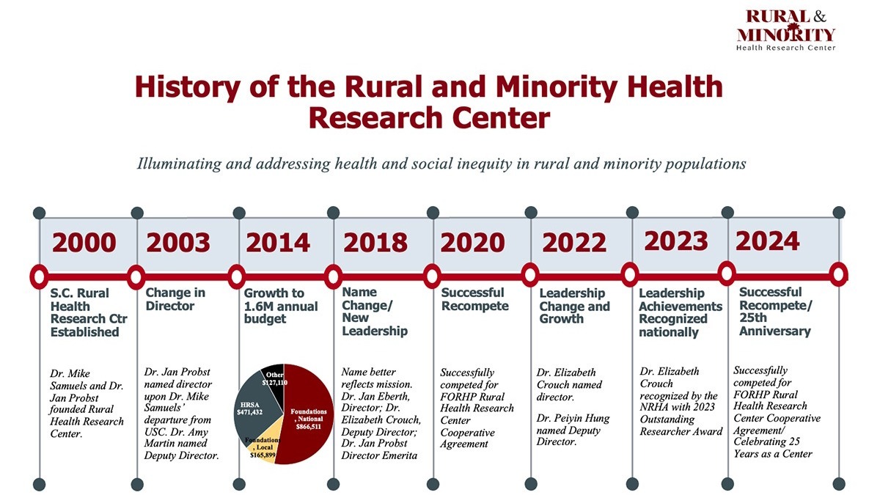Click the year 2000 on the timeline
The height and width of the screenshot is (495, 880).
[x=83, y=243]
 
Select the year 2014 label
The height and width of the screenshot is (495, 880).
[x=278, y=243]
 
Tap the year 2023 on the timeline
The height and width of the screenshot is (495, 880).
[x=676, y=241]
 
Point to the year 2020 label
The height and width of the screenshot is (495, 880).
[x=472, y=243]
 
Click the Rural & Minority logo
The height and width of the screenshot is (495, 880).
[x=785, y=29]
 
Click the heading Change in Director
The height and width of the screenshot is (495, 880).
[x=175, y=299]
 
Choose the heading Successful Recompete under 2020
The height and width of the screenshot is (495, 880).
[x=474, y=299]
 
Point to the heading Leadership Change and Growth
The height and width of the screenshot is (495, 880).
[x=574, y=306]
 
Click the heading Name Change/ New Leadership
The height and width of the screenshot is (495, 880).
[x=374, y=312]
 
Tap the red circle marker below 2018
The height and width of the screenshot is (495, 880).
[x=333, y=276]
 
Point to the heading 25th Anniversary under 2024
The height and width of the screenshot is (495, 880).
[x=774, y=324]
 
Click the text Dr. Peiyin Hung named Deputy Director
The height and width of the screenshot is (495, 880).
[x=573, y=430]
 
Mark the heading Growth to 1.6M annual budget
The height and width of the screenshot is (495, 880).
[x=280, y=306]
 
